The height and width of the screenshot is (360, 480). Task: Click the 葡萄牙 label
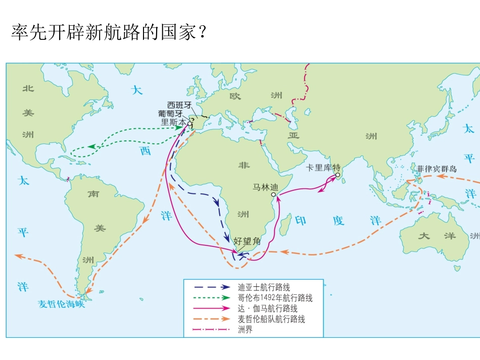click(170, 114)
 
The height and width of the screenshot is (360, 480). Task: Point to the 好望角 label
click(247, 241)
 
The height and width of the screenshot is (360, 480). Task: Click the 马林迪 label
click(265, 187)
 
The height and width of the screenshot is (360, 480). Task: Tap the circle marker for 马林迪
click(273, 194)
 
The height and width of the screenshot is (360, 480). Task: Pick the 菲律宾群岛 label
click(437, 169)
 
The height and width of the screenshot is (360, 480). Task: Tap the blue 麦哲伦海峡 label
click(62, 304)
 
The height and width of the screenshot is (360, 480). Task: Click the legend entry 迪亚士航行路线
click(264, 287)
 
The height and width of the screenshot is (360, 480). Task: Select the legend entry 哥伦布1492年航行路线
click(275, 298)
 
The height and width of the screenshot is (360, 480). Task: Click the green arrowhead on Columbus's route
click(92, 146)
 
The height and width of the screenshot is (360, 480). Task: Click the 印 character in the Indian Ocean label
click(301, 221)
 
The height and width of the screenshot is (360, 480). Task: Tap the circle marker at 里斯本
click(190, 123)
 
